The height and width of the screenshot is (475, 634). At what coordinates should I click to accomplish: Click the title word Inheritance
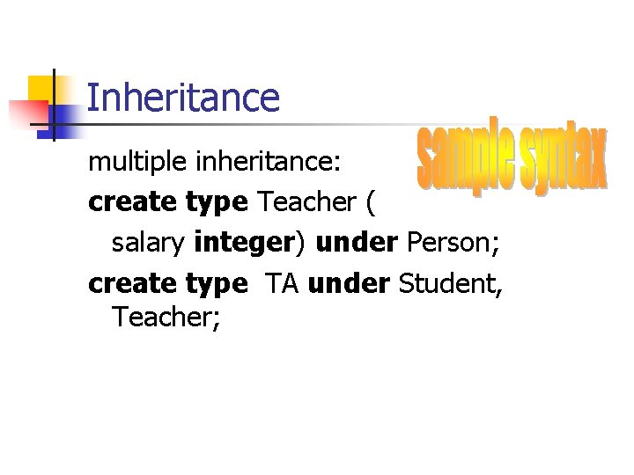click(183, 98)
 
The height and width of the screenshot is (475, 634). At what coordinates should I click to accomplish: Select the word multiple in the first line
click(126, 163)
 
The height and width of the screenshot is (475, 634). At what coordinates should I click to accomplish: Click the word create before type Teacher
click(132, 202)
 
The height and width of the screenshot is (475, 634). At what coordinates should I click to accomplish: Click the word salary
click(148, 243)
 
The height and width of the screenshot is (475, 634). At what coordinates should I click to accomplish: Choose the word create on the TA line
click(132, 283)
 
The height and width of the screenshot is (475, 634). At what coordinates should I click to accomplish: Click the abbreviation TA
click(282, 283)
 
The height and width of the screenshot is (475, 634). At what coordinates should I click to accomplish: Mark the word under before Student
click(350, 283)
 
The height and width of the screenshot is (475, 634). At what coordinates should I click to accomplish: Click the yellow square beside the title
click(40, 88)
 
